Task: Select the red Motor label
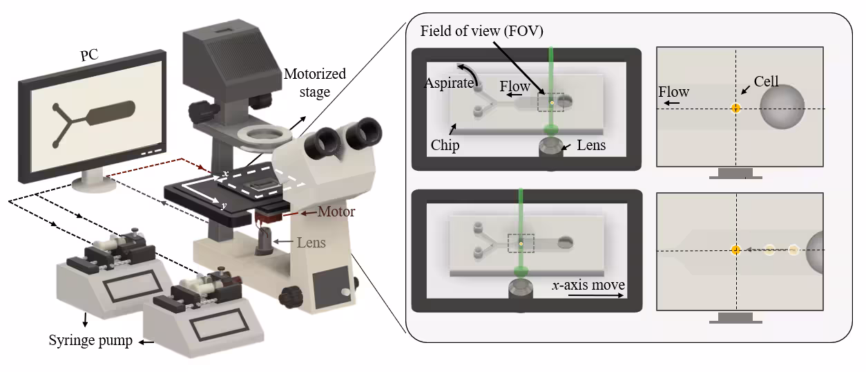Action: (x=336, y=212)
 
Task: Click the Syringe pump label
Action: (x=90, y=341)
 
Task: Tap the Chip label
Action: (x=446, y=146)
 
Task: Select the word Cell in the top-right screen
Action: (x=766, y=82)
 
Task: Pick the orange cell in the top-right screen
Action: (x=735, y=108)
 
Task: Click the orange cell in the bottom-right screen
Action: (x=735, y=250)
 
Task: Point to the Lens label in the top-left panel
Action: (x=591, y=145)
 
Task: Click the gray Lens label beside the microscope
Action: (x=311, y=243)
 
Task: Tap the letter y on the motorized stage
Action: (x=224, y=206)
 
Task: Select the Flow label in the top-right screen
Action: (x=673, y=92)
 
